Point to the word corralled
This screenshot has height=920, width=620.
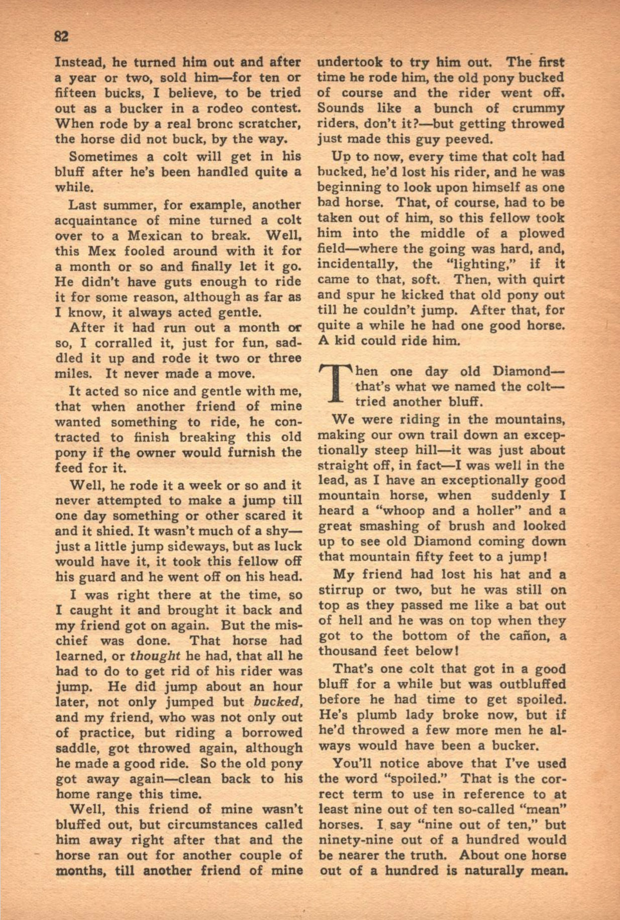coord(114,343)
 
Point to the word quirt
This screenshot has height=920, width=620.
coord(547,279)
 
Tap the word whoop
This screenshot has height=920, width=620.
coord(402,511)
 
